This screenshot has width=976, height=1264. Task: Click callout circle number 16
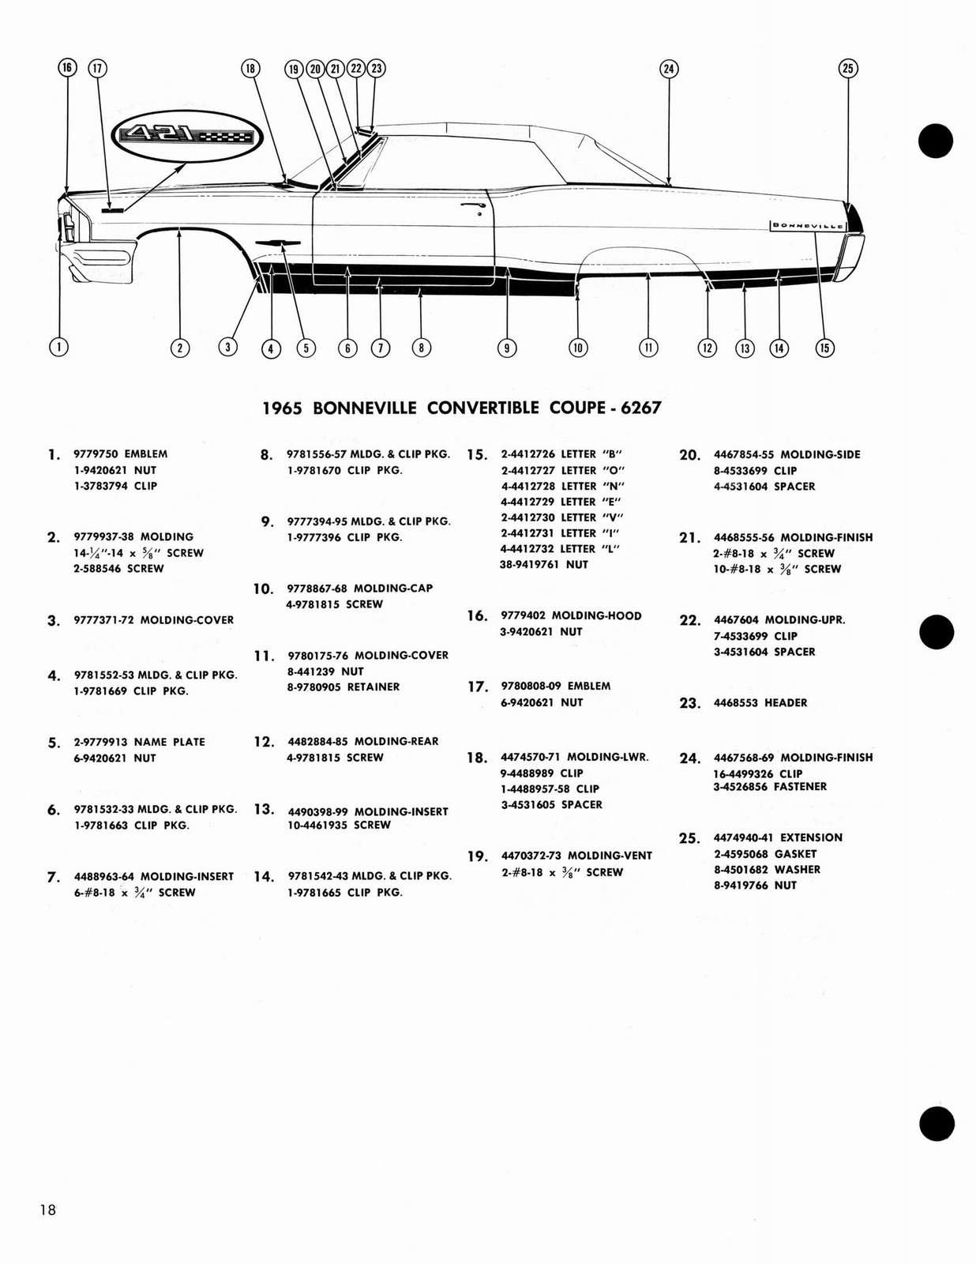[x=67, y=68]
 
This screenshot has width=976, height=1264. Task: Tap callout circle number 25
[x=847, y=69]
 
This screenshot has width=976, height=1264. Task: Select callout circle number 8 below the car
[x=421, y=347]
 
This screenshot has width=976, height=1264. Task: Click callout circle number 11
[x=648, y=347]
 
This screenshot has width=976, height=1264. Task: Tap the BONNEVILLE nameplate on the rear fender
[x=807, y=225]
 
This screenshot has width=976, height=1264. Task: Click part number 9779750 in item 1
[x=96, y=454]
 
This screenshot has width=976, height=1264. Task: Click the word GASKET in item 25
[x=795, y=854]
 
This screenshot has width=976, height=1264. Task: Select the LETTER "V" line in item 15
[x=560, y=517]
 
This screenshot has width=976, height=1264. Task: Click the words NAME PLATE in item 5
[x=169, y=743]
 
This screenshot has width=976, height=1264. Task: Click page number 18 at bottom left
[x=47, y=1209]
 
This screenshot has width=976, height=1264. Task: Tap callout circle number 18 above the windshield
[x=250, y=69]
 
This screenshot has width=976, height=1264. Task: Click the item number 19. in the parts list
[x=476, y=856]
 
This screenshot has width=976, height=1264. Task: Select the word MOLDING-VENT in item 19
[x=610, y=856]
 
